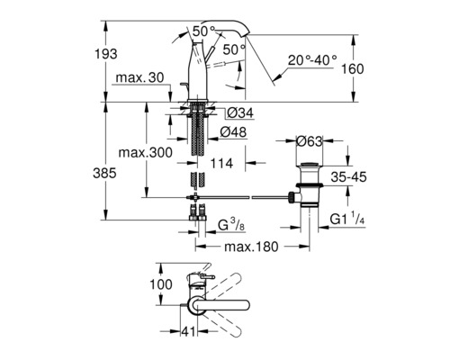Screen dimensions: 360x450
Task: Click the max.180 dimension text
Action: click(x=247, y=246)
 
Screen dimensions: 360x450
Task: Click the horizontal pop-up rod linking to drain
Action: click(x=243, y=195)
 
